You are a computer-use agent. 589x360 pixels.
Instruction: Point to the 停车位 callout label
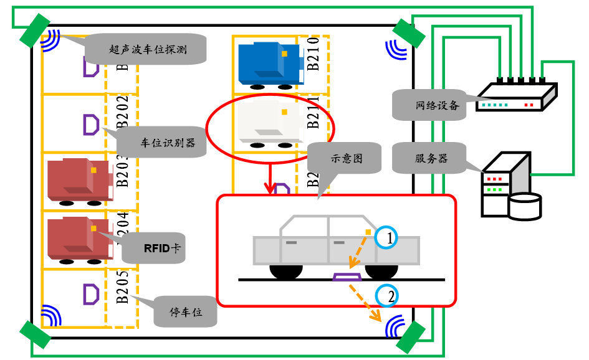pyautogui.click(x=186, y=311)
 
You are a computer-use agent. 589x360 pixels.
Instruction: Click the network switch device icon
pyautogui.click(x=515, y=97)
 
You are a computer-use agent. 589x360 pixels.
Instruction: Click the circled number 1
pyautogui.click(x=388, y=237)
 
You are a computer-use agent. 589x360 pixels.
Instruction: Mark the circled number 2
pyautogui.click(x=388, y=296)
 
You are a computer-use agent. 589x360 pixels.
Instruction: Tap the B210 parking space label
pyautogui.click(x=313, y=55)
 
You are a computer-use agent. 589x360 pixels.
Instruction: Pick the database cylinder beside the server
pyautogui.click(x=524, y=207)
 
